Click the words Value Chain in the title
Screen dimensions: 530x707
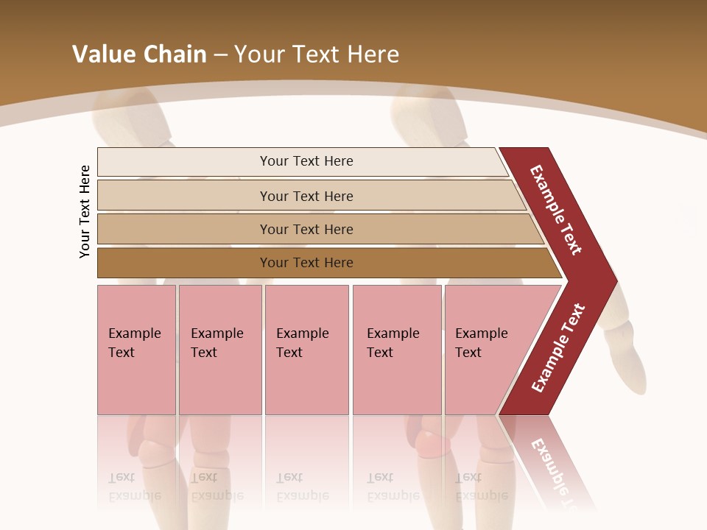139,54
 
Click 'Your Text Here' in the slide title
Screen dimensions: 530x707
317,54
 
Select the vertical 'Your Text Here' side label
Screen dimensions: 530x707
85,211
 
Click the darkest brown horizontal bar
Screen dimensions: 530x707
184,263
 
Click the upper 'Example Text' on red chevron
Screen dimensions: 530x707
556,210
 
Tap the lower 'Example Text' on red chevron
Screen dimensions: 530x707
558,347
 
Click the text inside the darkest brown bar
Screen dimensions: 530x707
306,263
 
